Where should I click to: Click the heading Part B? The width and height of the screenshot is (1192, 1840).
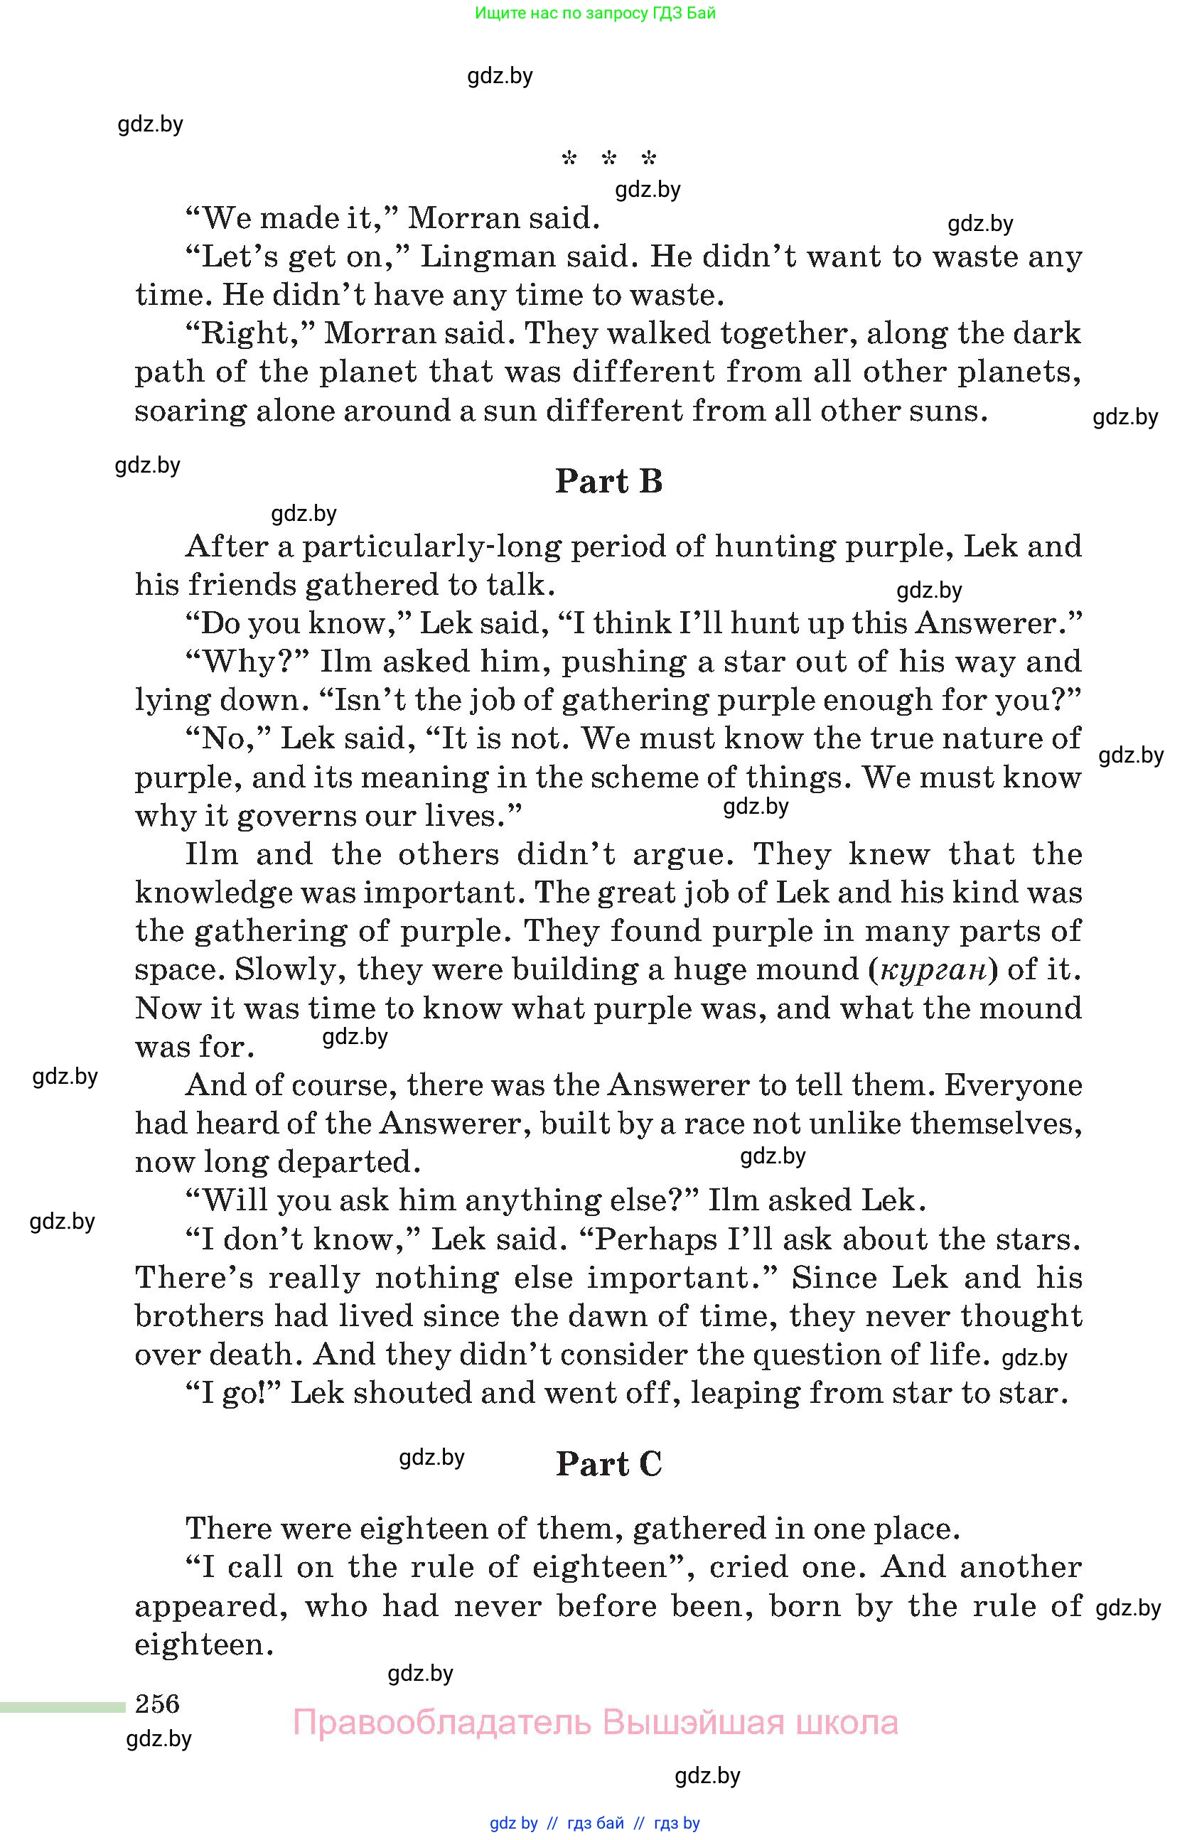point(608,481)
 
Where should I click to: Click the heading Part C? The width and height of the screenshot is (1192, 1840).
point(608,1463)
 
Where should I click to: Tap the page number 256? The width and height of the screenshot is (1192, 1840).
point(157,1703)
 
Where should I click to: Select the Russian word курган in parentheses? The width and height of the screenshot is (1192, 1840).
point(935,969)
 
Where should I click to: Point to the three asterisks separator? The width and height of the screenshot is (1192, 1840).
point(608,159)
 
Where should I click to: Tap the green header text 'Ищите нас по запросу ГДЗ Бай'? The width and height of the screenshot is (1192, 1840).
point(595,13)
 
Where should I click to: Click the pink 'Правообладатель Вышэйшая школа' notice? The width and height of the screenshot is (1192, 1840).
point(595,1723)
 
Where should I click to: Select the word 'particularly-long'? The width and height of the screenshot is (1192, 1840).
point(431,547)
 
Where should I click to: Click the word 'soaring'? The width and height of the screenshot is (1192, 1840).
point(189,411)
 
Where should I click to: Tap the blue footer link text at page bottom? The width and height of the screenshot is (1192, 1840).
point(594,1823)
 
